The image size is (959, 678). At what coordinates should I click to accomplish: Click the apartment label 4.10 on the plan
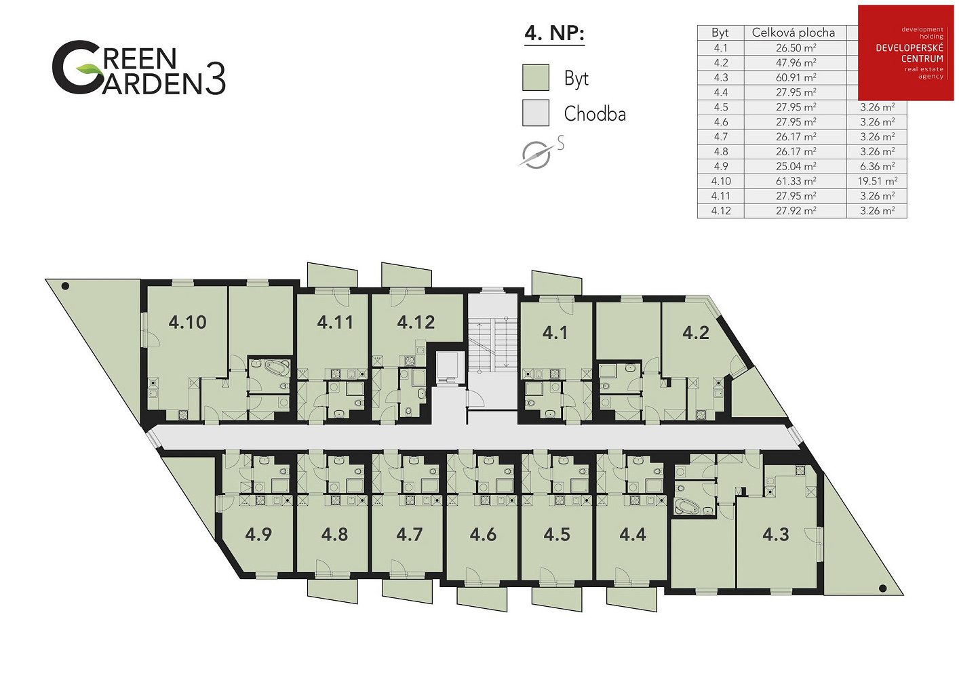[187, 322]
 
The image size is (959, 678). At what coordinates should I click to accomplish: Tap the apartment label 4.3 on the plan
[775, 535]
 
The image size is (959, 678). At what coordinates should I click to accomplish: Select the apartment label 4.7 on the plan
[409, 535]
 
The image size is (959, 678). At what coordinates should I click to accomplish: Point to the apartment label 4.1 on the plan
[555, 333]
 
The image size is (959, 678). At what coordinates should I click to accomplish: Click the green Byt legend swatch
[536, 77]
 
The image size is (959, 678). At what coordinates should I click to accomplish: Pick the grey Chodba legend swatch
[536, 113]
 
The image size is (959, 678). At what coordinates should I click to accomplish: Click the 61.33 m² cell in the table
[796, 181]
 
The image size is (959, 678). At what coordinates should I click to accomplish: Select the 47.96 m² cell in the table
[796, 63]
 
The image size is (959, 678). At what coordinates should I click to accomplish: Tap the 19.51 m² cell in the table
[877, 181]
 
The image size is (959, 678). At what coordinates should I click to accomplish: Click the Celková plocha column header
[794, 33]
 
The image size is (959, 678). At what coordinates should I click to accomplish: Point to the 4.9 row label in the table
[721, 167]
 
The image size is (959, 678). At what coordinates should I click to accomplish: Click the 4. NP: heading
[554, 34]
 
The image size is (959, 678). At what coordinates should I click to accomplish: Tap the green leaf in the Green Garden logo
[87, 67]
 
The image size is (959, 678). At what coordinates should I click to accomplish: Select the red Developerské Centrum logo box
[906, 53]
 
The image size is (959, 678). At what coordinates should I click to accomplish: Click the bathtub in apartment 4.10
[277, 367]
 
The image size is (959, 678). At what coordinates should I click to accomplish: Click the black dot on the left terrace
[65, 286]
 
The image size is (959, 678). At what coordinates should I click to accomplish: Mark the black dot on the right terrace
[882, 588]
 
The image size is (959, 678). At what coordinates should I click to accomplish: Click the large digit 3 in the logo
[215, 79]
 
